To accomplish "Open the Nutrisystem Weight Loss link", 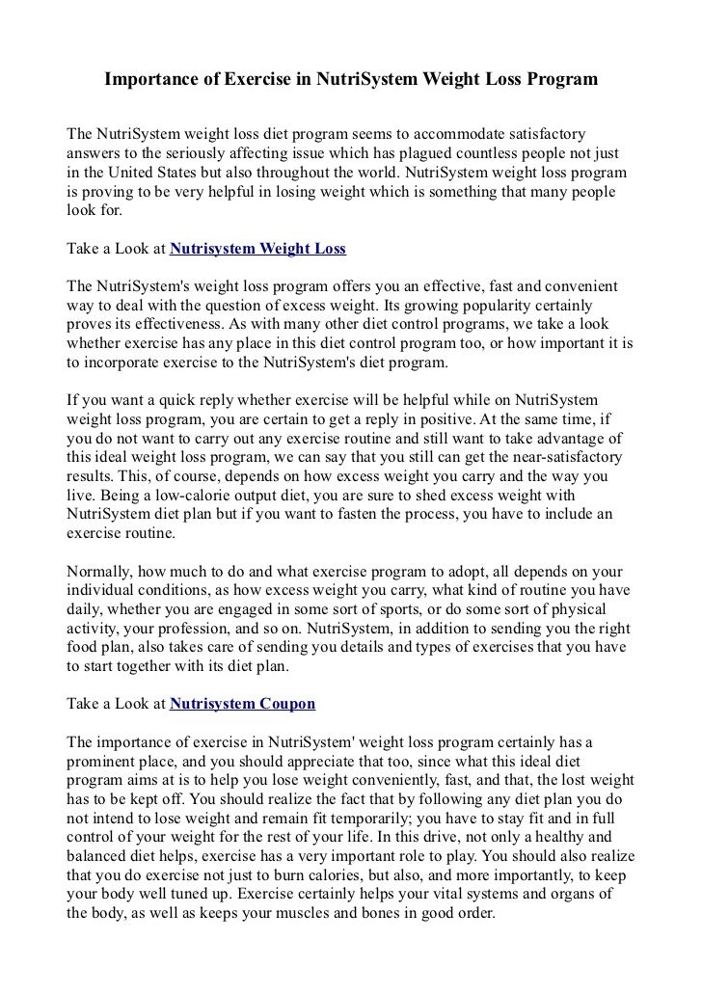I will (x=257, y=248).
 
